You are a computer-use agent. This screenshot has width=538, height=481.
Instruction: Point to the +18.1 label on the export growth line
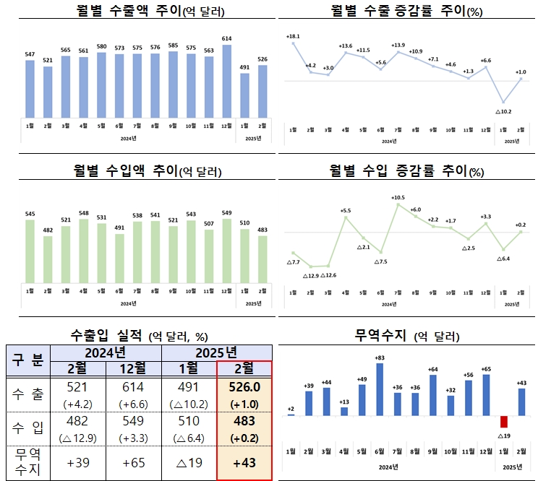click(x=293, y=35)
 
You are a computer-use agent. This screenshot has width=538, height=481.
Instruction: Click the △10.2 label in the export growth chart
click(x=503, y=111)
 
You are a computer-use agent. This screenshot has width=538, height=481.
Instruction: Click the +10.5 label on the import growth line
click(x=398, y=197)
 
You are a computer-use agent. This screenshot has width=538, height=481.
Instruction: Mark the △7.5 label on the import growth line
click(x=380, y=261)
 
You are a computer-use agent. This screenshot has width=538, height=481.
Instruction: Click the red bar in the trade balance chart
click(x=504, y=421)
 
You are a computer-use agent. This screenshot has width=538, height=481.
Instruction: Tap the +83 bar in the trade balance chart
click(x=380, y=389)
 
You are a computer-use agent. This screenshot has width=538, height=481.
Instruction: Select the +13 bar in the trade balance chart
click(x=344, y=411)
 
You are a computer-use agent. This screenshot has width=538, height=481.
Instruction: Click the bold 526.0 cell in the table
click(x=244, y=387)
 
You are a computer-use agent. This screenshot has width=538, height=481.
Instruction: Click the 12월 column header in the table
click(x=135, y=368)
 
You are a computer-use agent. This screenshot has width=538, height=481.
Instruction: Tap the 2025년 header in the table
click(x=217, y=352)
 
